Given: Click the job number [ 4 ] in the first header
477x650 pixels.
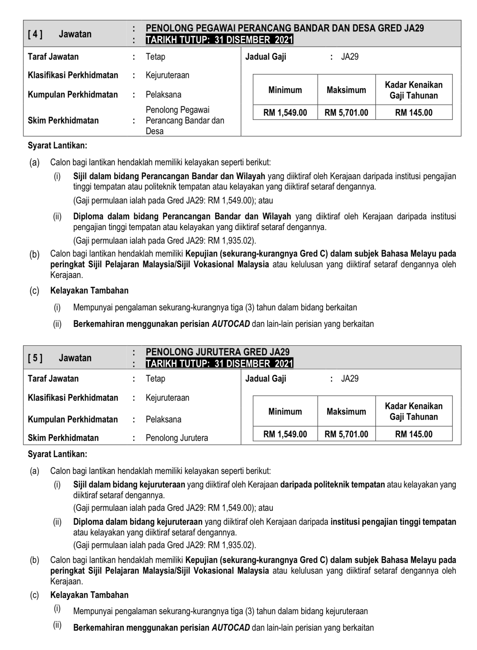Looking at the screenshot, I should tap(35, 34).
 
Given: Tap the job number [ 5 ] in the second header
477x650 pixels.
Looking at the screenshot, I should tap(35, 358).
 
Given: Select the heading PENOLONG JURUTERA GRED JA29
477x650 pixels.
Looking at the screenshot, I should tap(218, 352).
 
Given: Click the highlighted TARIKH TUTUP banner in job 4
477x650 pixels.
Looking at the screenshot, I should tap(219, 40).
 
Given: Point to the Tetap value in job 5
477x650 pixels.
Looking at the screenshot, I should tap(155, 379).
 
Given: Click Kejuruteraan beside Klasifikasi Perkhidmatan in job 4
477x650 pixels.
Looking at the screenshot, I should tap(167, 75).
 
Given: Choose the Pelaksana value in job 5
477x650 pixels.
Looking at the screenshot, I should tap(164, 419).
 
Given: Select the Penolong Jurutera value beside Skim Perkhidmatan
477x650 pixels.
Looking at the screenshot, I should tap(177, 438).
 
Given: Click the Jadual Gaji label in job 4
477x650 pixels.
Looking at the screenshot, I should tap(266, 57).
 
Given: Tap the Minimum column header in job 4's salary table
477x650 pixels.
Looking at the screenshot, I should tap(285, 90).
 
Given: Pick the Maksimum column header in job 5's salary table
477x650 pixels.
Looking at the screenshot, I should tap(346, 411).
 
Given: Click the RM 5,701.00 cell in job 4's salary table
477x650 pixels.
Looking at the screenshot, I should tap(346, 113).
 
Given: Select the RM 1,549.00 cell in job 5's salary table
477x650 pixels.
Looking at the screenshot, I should tap(285, 434).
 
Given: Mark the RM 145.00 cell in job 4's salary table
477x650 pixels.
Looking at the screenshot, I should tap(414, 113).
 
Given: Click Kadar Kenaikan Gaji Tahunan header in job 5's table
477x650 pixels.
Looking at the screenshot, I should tap(414, 411).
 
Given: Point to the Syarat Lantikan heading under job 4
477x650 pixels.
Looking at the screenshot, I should tap(57, 145).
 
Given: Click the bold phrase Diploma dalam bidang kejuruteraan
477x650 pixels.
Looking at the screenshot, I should tap(138, 522).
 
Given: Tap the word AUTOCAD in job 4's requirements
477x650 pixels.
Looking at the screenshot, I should tap(231, 324).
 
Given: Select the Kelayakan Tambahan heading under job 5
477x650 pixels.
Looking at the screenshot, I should tap(89, 595).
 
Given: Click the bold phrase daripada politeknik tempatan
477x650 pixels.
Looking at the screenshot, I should tap(333, 485).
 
